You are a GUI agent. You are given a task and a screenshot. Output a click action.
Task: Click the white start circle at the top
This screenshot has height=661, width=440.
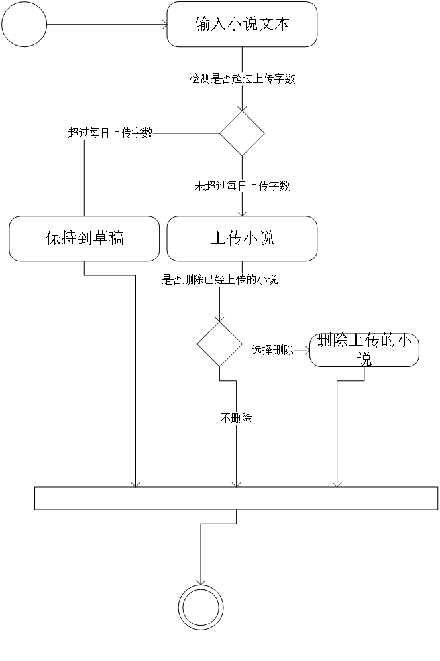coord(25,25)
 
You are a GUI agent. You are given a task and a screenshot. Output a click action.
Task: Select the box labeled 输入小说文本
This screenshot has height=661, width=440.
coord(242,25)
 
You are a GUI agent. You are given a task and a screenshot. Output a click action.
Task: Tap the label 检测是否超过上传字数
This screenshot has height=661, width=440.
coord(242,79)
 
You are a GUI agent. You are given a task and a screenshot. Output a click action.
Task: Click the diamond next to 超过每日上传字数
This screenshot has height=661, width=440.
coord(242,133)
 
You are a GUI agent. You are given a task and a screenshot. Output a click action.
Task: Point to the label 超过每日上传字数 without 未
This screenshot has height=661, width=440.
coord(111,133)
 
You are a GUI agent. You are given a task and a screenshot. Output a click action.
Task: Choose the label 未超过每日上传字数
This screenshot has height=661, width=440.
coord(242,186)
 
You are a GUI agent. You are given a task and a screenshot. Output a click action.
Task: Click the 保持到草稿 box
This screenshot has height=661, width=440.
coord(84,238)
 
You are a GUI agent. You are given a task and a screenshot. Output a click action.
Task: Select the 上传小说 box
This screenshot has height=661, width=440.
coord(242,238)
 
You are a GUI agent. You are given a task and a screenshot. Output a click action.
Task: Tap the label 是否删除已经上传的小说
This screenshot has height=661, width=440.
coord(219,280)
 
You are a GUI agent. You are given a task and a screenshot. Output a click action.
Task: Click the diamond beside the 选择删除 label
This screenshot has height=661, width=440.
coord(219,344)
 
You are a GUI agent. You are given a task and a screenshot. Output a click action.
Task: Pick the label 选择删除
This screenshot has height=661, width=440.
coord(272,350)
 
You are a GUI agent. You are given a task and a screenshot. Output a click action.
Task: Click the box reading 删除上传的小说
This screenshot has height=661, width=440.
coord(364,350)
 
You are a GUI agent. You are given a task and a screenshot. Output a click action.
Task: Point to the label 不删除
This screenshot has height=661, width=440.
coord(236,419)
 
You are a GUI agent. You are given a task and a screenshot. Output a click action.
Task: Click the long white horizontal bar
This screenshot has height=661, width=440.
coord(236,498)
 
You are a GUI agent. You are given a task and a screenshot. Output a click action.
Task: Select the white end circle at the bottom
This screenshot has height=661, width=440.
coord(201,608)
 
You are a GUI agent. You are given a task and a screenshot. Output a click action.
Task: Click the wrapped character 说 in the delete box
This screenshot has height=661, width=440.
coord(364,360)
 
